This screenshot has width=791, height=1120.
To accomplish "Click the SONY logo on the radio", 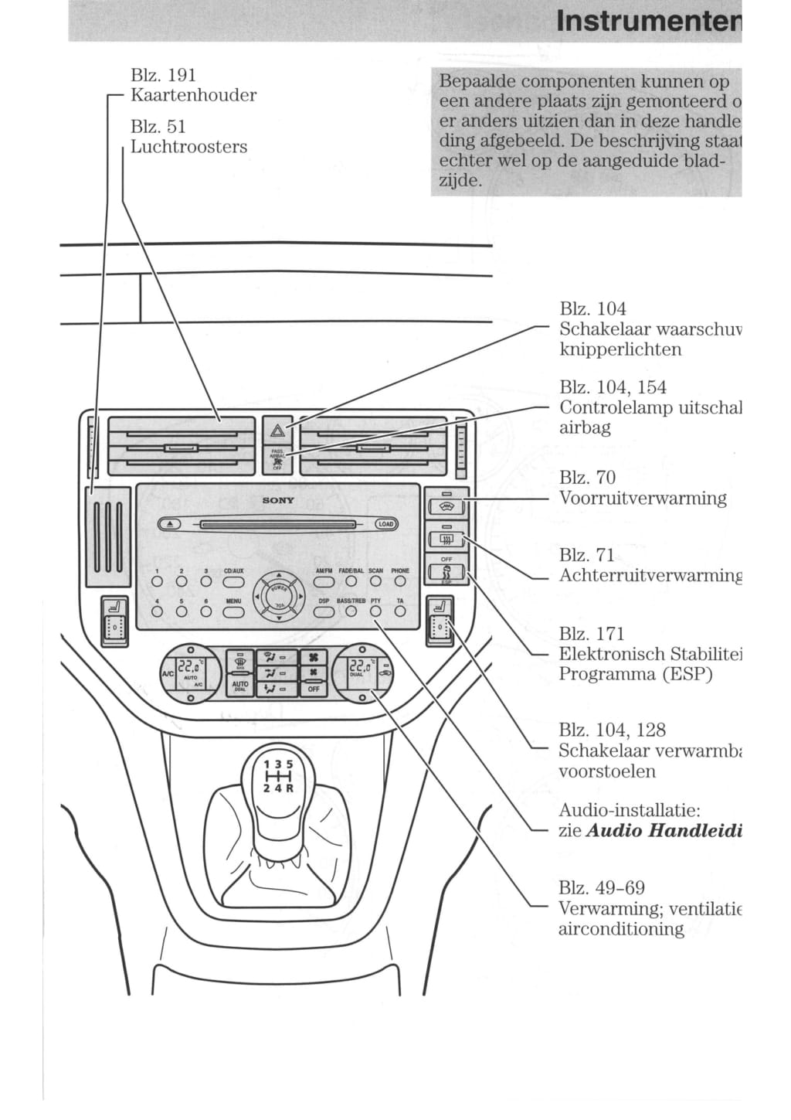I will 278,500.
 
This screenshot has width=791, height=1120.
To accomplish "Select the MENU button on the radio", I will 233,611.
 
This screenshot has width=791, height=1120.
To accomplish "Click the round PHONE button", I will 400,581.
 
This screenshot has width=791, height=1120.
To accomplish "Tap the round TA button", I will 400,611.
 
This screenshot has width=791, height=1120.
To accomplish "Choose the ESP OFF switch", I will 446,573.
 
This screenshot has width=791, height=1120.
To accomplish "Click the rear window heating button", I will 446,540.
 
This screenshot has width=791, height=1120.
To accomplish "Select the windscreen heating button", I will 446,507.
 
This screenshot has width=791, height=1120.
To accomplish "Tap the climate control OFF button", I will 314,688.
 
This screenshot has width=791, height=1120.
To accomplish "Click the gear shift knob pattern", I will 279,776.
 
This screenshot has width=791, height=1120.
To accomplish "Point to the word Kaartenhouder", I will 193,95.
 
